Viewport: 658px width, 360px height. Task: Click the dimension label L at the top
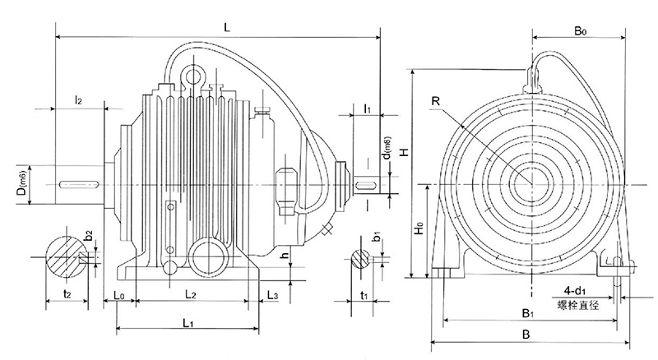coord(227,28)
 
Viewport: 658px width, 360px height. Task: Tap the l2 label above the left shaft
coord(79,100)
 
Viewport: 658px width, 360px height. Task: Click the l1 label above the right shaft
coord(367,108)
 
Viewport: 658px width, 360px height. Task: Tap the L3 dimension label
coord(272,293)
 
